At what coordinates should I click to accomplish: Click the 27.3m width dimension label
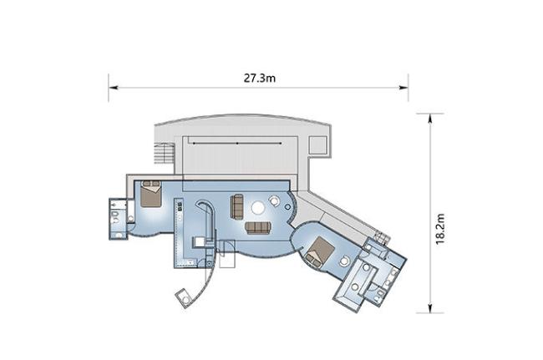[259, 79]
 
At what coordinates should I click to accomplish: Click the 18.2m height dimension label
[439, 229]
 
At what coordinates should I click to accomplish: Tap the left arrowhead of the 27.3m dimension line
[114, 88]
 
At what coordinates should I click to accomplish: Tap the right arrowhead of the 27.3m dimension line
[403, 88]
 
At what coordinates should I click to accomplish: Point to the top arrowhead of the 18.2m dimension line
[430, 119]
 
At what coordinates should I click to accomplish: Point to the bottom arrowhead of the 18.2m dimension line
[430, 307]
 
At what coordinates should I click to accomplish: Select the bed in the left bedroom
[151, 194]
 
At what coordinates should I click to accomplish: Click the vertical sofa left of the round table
[237, 206]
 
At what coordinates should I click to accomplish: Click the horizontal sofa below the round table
[258, 228]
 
